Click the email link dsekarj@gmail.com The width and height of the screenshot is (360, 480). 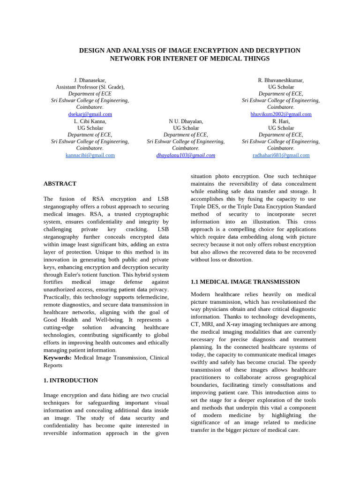pos(90,114)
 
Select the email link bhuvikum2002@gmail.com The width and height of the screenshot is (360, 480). pos(281,114)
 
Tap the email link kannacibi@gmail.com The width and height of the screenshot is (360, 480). pos(90,155)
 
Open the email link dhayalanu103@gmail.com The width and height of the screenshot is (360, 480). pos(186,155)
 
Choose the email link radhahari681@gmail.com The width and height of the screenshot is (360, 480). pos(281,155)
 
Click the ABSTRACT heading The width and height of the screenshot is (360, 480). pos(60,184)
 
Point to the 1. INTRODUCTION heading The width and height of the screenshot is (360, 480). pos(71,381)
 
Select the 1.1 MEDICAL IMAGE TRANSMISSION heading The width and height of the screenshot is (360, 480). pos(245,282)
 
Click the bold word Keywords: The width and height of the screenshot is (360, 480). pos(58,358)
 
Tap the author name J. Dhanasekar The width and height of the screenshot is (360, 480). pos(90,81)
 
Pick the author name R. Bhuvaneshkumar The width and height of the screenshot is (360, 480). pos(281,81)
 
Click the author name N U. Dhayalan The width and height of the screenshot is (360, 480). pos(186,121)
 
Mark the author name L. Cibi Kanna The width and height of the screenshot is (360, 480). pos(90,121)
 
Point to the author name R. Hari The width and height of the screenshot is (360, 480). pos(281,121)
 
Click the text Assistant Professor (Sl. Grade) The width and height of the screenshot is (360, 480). pos(90,87)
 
